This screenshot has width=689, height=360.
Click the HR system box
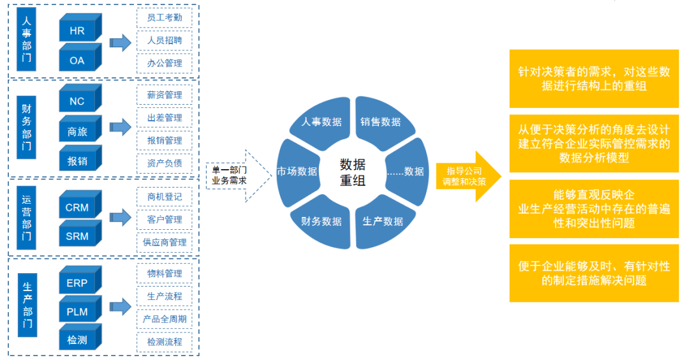[x=77, y=31]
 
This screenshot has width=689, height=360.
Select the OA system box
[x=77, y=61]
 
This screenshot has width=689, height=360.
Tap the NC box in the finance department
[x=77, y=101]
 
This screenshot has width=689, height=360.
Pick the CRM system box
[x=77, y=207]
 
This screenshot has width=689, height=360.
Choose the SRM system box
[x=77, y=237]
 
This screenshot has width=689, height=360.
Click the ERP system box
[x=77, y=283]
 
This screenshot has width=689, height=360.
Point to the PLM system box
[x=77, y=312]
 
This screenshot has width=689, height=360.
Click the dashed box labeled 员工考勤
[x=164, y=17]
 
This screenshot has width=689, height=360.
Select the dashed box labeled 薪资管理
[x=164, y=95]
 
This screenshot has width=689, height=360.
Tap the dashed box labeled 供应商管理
[x=164, y=242]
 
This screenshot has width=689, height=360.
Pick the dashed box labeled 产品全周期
[x=164, y=319]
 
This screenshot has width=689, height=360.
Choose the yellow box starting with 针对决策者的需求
[x=593, y=79]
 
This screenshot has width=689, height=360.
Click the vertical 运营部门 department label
[x=26, y=218]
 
